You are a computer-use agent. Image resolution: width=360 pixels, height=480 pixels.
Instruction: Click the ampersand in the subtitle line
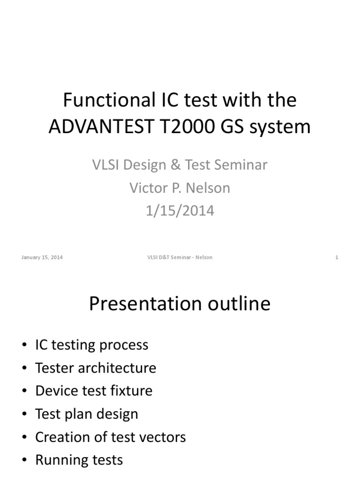tap(175, 165)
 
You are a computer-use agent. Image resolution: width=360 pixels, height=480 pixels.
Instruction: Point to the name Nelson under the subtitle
tap(208, 188)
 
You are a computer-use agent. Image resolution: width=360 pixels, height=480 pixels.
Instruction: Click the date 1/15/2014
tap(180, 211)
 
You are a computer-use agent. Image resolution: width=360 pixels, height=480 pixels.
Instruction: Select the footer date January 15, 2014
tap(42, 257)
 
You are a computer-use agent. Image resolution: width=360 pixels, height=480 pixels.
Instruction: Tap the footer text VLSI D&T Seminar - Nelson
tap(180, 257)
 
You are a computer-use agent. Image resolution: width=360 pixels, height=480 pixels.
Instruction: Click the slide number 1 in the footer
tap(337, 257)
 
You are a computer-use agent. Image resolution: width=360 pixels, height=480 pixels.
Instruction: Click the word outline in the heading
tap(239, 303)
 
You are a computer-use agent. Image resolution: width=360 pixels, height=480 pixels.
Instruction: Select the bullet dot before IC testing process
tap(24, 345)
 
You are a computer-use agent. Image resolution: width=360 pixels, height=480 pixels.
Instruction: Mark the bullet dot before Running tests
tap(24, 460)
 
